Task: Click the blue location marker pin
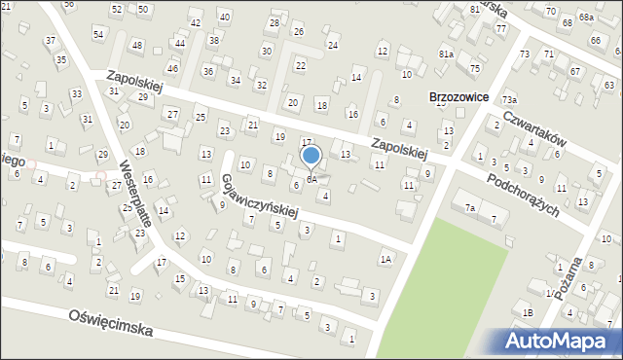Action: tap(311, 156)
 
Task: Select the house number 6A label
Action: tap(311, 180)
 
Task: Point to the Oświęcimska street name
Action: tap(111, 323)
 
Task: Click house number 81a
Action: tap(445, 54)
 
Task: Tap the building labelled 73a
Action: tap(509, 100)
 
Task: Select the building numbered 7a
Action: tap(469, 208)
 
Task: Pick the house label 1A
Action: tap(386, 259)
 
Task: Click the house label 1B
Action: tap(528, 312)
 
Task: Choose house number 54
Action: tap(98, 34)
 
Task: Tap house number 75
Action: tap(474, 68)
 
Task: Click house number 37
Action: tap(50, 41)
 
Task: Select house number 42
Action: tap(196, 22)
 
